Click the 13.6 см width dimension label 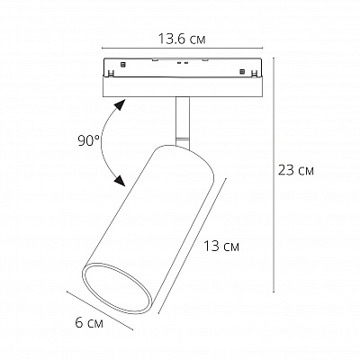(x=182, y=40)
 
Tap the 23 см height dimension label (x=296, y=170)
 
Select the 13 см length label (x=221, y=247)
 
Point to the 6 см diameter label (x=89, y=323)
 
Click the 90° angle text (x=88, y=141)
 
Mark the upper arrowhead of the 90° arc (x=120, y=104)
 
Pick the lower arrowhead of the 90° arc (x=120, y=180)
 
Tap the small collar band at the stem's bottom (x=183, y=143)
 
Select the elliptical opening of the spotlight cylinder (x=116, y=289)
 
